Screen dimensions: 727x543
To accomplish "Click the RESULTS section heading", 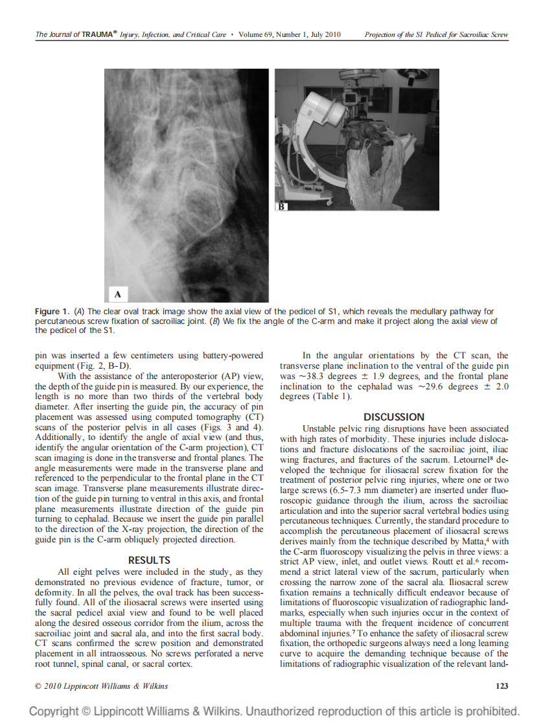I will point(149,560).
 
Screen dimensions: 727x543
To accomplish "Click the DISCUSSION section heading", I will point(394,417).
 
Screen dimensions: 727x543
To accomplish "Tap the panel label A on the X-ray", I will point(118,294).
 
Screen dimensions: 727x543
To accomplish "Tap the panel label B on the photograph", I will point(282,206).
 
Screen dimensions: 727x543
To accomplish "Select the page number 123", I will point(501,686).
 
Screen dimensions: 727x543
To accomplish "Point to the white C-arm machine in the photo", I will point(324,107).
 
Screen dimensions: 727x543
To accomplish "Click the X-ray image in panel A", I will point(187,181).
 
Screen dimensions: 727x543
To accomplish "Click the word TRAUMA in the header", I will point(96,34).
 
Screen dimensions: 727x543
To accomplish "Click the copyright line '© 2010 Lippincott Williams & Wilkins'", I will point(101,686).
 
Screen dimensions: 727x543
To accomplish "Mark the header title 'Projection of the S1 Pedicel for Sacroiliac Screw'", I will point(436,34).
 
